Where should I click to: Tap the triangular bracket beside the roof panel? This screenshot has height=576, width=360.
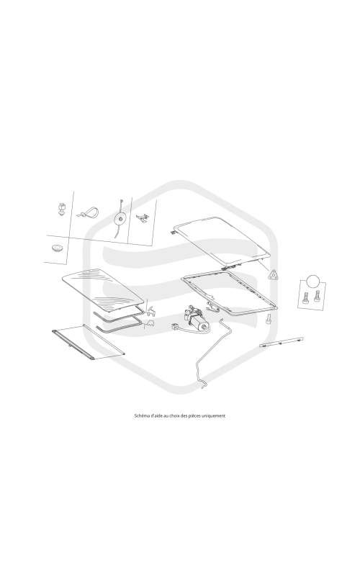pyautogui.click(x=273, y=275)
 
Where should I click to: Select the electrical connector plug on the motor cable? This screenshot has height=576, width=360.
pyautogui.click(x=175, y=326)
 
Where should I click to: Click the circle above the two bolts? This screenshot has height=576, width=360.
pyautogui.click(x=313, y=282)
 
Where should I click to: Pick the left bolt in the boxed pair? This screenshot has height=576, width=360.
pyautogui.click(x=305, y=297)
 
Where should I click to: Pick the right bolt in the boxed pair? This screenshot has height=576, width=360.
pyautogui.click(x=317, y=297)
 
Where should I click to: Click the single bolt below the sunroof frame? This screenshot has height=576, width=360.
pyautogui.click(x=269, y=318)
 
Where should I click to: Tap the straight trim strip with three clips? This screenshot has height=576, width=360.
pyautogui.click(x=282, y=342)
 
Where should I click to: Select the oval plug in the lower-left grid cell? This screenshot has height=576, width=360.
pyautogui.click(x=58, y=248)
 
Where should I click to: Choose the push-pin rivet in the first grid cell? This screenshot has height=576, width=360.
pyautogui.click(x=61, y=209)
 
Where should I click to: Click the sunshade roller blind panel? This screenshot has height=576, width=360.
pyautogui.click(x=88, y=342)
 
